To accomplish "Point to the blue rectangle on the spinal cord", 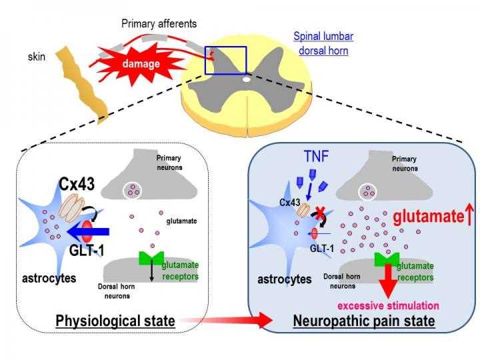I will (x=225, y=60).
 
